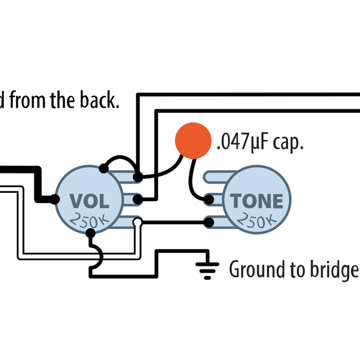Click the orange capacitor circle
point(193,140)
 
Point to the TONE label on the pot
point(257,201)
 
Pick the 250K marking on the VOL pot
point(89,221)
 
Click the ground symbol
point(207,268)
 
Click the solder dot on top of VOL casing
point(103,168)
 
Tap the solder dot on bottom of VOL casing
point(91,233)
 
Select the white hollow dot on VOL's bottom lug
point(137,222)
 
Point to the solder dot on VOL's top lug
point(137,177)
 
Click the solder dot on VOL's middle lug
point(137,199)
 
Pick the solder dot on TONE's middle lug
point(209,199)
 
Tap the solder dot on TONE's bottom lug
point(209,222)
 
